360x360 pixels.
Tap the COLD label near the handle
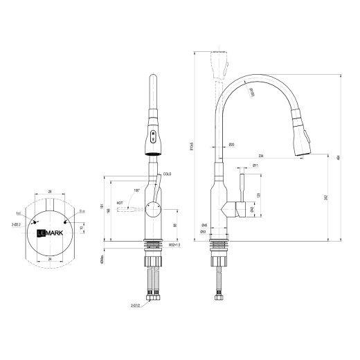(167, 174)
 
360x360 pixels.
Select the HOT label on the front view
(120, 203)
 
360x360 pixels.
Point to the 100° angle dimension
(137, 190)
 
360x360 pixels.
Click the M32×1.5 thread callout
(174, 245)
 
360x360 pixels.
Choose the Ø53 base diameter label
(204, 231)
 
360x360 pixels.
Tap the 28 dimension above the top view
(50, 190)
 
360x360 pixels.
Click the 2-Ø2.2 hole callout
(16, 224)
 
